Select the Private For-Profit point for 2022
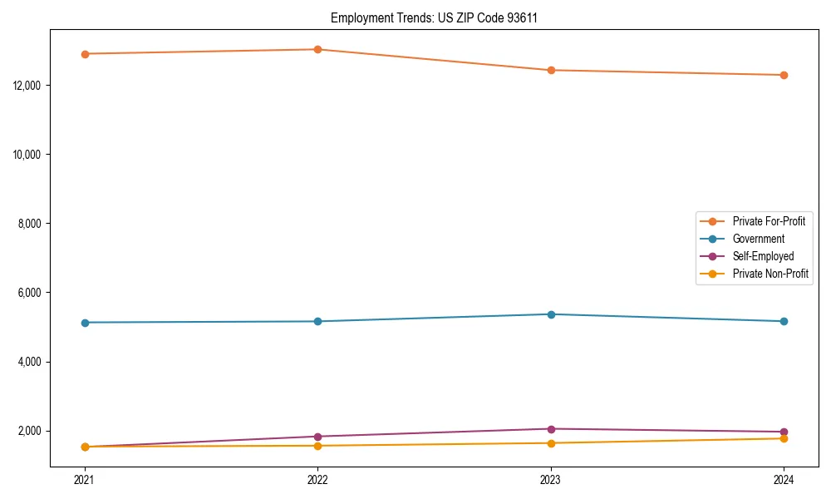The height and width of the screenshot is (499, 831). (317, 49)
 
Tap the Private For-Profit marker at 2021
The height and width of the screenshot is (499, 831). (85, 54)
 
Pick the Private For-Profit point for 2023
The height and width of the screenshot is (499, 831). (551, 70)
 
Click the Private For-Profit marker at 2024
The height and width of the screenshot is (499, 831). (784, 75)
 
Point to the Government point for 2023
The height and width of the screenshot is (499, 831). (551, 314)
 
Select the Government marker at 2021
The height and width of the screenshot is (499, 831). (85, 323)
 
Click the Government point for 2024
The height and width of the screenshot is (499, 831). (784, 321)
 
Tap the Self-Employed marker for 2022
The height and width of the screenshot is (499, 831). (317, 437)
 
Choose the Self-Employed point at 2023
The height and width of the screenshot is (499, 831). (551, 429)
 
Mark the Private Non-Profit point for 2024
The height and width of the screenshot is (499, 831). (784, 438)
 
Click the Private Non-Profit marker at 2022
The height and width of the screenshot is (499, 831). (317, 446)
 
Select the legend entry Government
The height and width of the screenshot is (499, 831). (758, 239)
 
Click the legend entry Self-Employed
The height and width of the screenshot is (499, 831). (763, 256)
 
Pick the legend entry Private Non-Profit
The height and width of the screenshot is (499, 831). (770, 274)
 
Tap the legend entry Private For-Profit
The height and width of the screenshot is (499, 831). (769, 221)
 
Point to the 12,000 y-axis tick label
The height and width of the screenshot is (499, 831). (27, 86)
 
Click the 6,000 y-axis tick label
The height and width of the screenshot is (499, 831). (30, 293)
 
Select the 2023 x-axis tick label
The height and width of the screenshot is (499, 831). (551, 479)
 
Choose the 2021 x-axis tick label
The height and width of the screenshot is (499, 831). (85, 479)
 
